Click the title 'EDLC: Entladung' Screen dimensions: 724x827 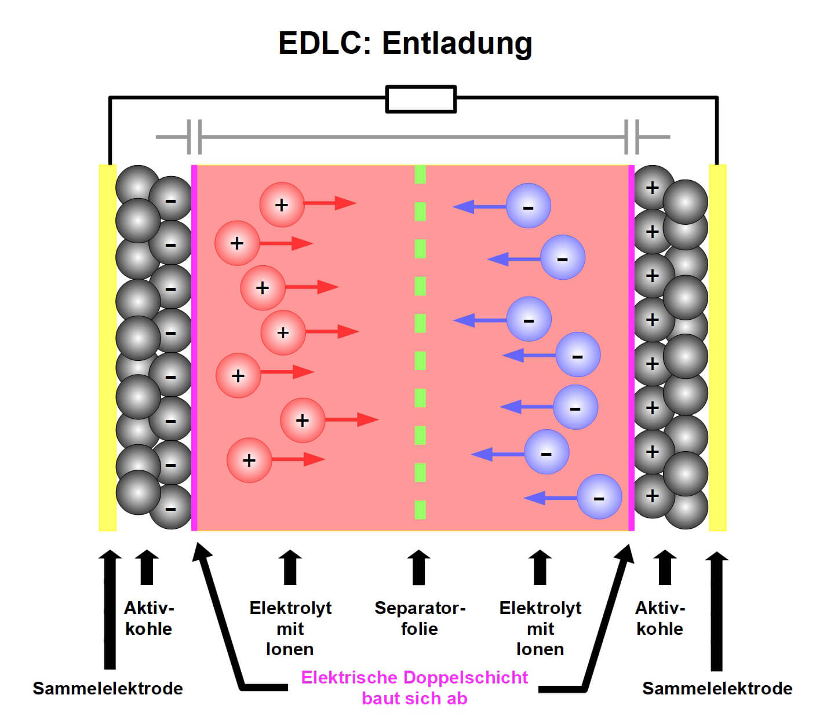click(x=405, y=43)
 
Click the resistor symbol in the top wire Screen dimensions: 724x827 click(x=421, y=99)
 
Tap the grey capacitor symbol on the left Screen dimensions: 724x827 click(x=195, y=137)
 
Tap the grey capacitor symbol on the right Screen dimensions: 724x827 click(x=632, y=137)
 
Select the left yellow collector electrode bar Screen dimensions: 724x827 click(x=107, y=348)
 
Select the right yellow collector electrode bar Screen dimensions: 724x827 click(x=717, y=348)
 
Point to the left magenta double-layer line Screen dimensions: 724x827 click(x=194, y=348)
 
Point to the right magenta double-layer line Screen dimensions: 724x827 click(x=631, y=348)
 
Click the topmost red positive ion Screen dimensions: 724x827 click(x=282, y=204)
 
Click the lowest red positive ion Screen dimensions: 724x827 click(x=249, y=460)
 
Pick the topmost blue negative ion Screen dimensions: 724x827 click(x=528, y=206)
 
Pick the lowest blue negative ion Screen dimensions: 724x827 click(x=599, y=497)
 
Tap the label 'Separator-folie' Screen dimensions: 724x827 click(x=420, y=618)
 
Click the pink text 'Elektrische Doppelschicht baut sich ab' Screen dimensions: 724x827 click(x=414, y=688)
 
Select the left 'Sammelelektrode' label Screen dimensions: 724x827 click(x=108, y=688)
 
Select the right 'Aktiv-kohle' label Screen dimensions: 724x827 click(x=660, y=618)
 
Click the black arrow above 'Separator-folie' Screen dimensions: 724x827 click(x=418, y=568)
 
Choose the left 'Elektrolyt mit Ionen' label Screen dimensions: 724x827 click(x=290, y=628)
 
